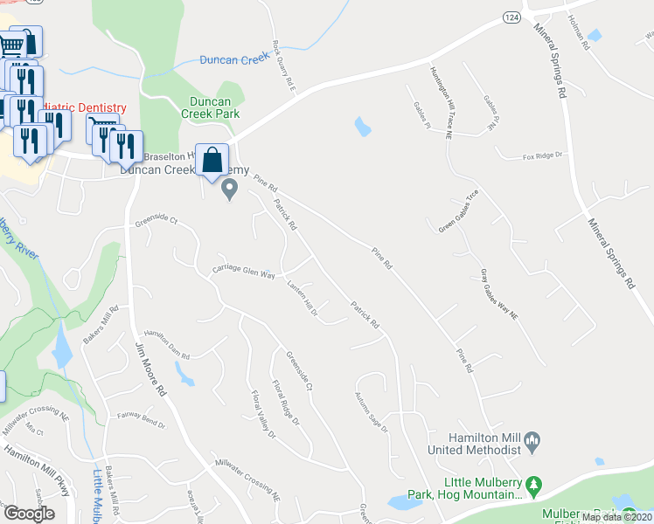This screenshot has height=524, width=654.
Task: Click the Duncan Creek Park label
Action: click(x=210, y=107)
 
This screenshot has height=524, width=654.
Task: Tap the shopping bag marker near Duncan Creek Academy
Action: click(x=212, y=161)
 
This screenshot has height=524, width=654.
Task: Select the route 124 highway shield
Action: click(x=511, y=17)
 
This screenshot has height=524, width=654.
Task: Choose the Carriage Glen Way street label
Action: click(x=243, y=273)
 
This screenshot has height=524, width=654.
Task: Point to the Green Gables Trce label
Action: click(x=459, y=211)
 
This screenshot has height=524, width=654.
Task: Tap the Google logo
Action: click(x=29, y=514)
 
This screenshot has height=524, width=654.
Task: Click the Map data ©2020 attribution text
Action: click(x=616, y=517)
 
